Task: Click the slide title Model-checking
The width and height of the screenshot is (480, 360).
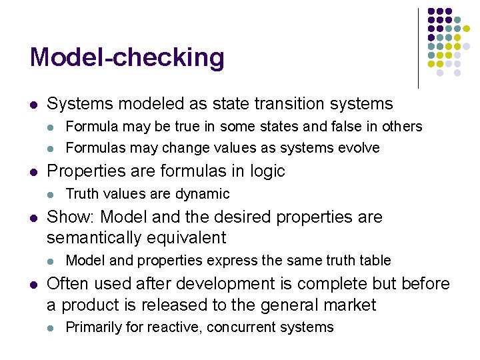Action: click(127, 57)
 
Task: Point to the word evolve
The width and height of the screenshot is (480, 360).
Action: click(360, 148)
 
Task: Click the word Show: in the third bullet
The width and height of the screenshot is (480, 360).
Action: click(67, 217)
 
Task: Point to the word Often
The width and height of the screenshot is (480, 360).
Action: click(66, 284)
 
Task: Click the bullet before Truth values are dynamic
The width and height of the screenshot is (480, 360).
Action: click(51, 194)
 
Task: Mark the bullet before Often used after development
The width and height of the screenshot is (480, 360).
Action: click(32, 284)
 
